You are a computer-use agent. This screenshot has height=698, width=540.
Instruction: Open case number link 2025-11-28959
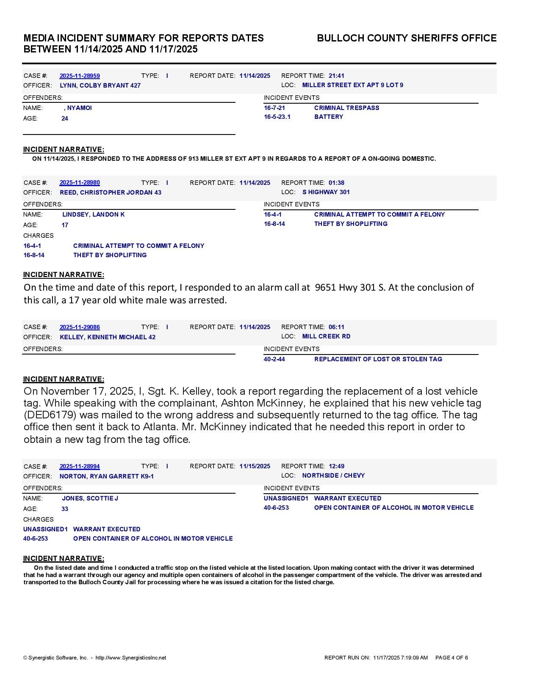(x=80, y=76)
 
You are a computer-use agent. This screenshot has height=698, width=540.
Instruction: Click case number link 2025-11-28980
(x=80, y=183)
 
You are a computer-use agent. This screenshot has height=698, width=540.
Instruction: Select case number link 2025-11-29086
(x=80, y=327)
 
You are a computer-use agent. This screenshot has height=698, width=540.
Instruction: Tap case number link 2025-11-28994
(x=80, y=466)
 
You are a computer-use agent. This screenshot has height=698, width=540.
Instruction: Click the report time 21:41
(x=336, y=76)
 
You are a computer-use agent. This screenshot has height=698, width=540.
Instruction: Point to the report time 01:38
(x=336, y=183)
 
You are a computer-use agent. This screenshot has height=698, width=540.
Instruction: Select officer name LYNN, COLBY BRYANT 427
(x=100, y=85)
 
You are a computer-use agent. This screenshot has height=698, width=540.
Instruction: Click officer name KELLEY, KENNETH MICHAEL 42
(x=108, y=337)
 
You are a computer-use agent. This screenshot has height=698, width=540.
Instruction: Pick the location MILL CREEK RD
(x=326, y=336)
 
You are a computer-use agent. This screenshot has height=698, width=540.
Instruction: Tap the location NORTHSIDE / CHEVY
(x=333, y=475)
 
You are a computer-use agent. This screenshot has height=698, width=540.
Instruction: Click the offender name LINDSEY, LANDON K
(x=93, y=214)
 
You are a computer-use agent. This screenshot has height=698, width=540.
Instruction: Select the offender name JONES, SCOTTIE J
(x=90, y=498)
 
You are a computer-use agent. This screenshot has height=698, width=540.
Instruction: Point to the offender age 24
(x=65, y=118)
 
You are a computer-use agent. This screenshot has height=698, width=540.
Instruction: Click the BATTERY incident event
(x=329, y=117)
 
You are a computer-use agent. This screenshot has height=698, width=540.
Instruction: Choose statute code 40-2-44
(x=274, y=359)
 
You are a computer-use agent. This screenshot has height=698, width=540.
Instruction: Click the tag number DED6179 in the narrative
(x=50, y=415)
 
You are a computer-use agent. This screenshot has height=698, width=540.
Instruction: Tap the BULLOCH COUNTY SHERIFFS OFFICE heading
(x=407, y=38)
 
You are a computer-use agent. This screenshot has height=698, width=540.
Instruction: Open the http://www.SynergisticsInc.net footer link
(x=131, y=658)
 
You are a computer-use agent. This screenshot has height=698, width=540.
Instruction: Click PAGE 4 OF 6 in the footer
(x=451, y=658)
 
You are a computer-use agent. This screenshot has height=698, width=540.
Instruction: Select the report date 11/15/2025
(x=255, y=466)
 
